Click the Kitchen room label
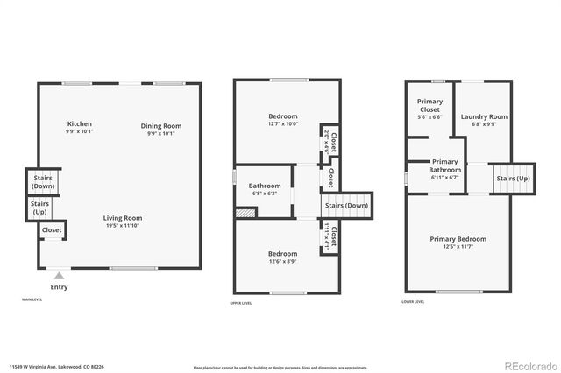tap(79, 124)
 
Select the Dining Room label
tap(161, 125)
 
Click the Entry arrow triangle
tap(59, 274)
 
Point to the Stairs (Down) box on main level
tap(41, 182)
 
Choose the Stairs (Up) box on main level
tap(40, 208)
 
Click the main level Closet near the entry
tap(52, 230)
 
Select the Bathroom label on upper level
tap(265, 186)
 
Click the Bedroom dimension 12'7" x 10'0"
tap(282, 124)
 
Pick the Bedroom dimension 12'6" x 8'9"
tap(282, 262)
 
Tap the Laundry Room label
tap(485, 116)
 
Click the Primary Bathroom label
tap(445, 165)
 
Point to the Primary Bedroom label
tap(458, 239)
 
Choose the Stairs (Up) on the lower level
tap(513, 179)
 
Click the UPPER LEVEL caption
tap(241, 302)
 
